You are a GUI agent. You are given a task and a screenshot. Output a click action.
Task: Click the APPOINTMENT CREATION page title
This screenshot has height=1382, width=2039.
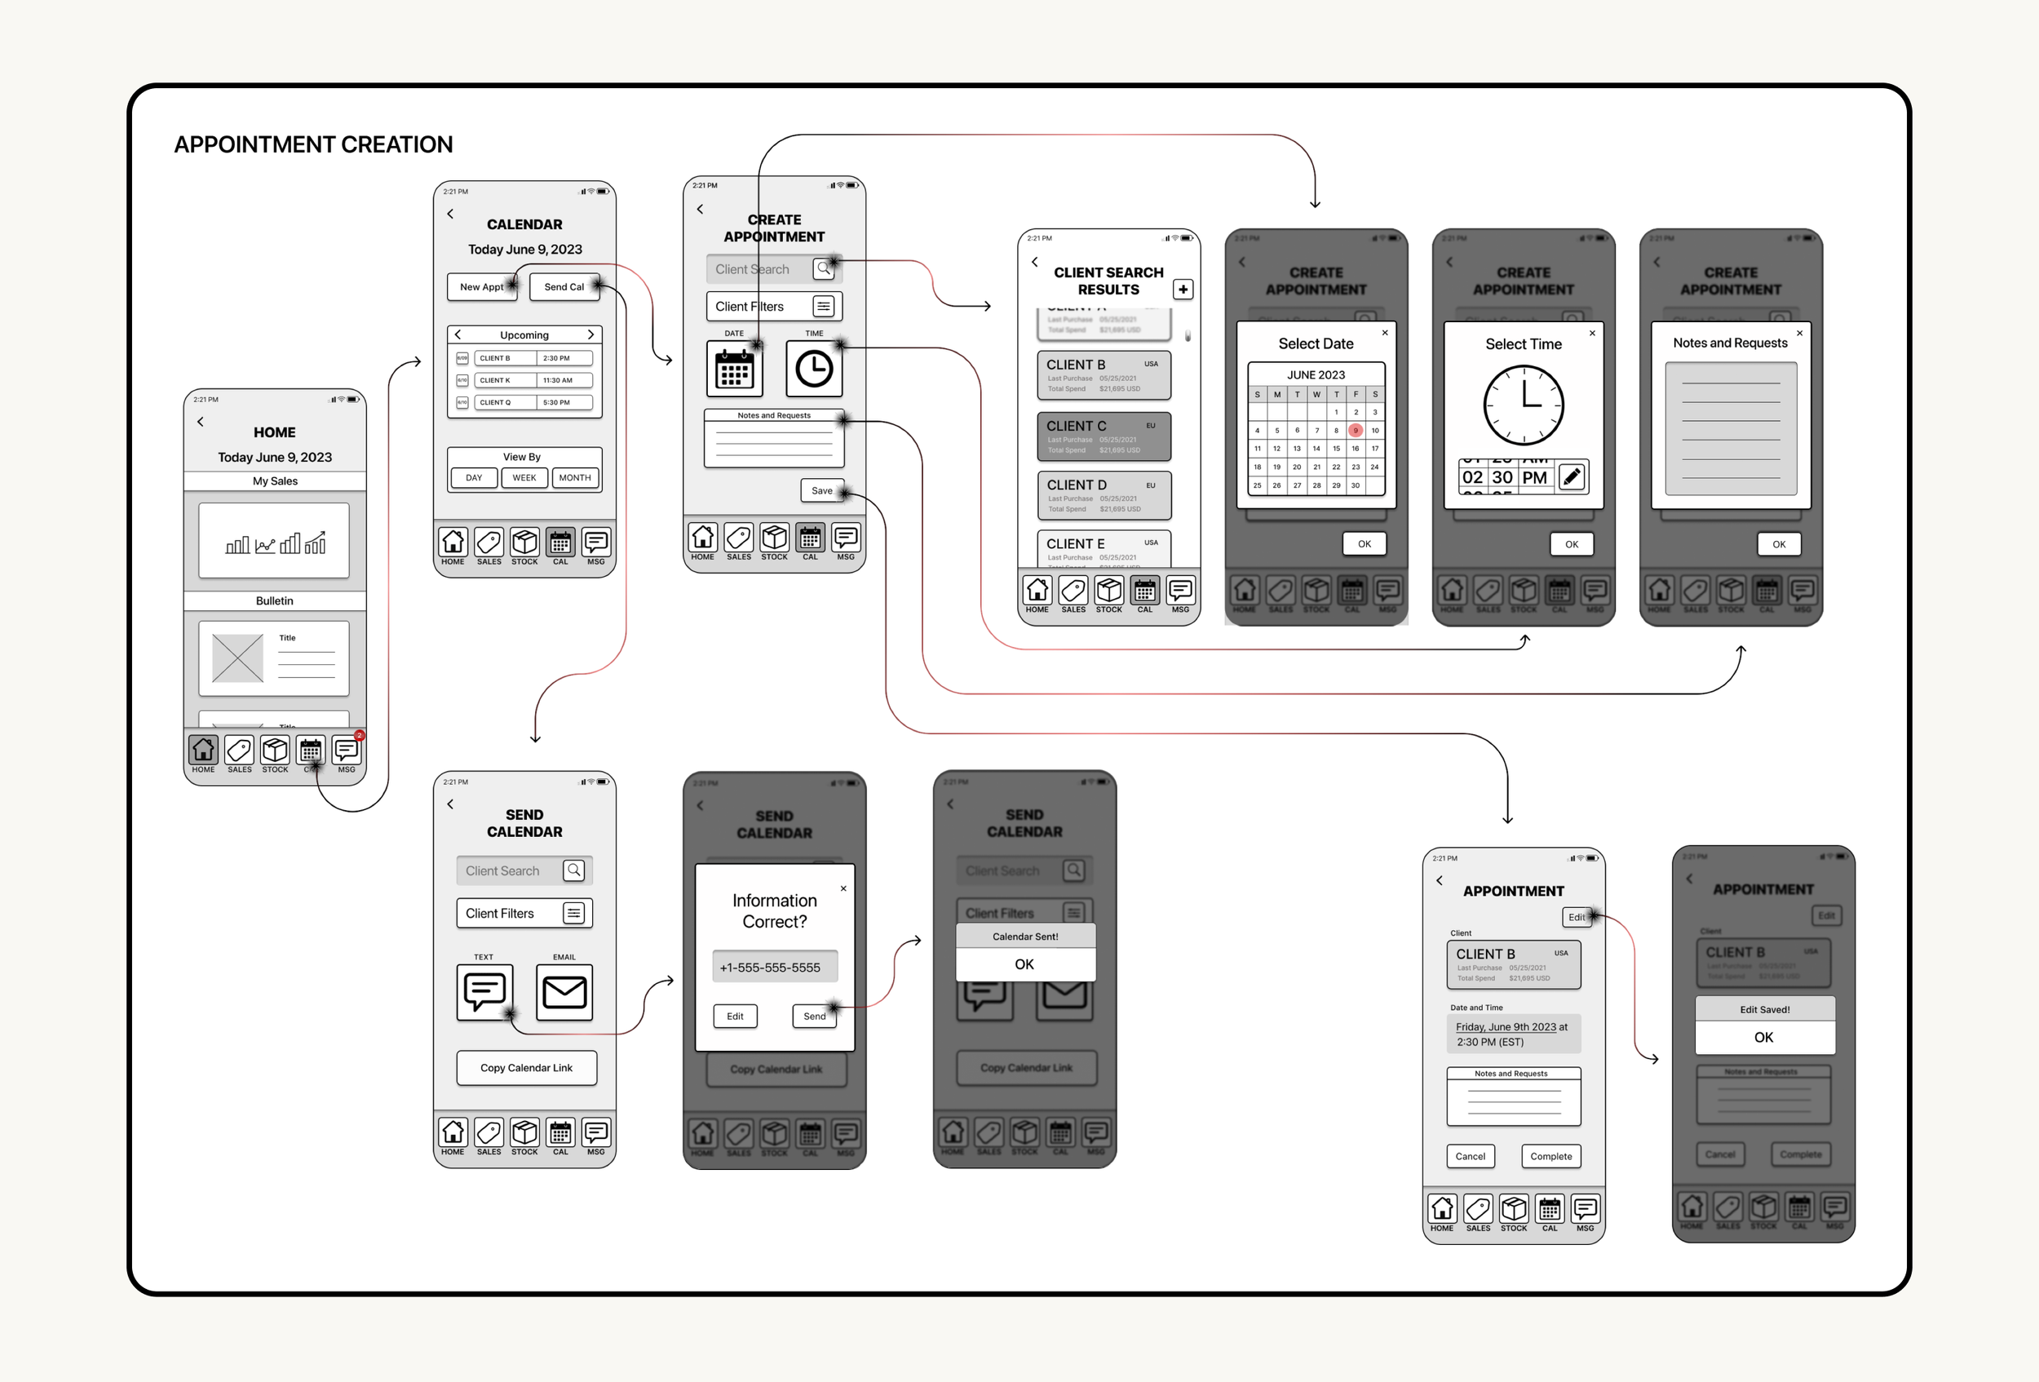313,144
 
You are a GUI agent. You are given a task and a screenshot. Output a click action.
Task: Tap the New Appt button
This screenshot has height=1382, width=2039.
482,287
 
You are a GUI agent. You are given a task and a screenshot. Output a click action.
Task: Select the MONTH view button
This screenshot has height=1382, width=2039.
575,478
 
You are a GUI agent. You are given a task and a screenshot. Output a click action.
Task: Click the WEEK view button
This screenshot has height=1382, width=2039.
524,478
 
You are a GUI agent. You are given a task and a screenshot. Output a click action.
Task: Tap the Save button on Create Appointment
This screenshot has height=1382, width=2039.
822,490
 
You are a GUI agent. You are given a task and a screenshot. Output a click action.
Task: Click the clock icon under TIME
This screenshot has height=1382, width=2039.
814,370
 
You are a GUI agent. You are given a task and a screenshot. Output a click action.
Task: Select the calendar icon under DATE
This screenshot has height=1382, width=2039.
734,370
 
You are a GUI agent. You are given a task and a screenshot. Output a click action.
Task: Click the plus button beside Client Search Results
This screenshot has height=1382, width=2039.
1183,290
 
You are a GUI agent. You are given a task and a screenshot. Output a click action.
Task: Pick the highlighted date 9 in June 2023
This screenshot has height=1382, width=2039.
1356,431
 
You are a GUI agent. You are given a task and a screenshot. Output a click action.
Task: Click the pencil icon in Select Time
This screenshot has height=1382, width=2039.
1572,477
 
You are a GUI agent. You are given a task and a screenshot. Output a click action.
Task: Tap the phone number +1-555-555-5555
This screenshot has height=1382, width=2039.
770,968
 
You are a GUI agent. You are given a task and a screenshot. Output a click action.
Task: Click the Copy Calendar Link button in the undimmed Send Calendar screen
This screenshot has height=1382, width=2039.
526,1068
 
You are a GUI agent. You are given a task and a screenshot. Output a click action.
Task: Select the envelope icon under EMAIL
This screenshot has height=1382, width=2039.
564,992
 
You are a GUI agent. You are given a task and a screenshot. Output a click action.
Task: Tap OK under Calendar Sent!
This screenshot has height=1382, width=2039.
1024,964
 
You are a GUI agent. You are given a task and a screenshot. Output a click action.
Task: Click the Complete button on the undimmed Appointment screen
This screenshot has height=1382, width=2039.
1550,1157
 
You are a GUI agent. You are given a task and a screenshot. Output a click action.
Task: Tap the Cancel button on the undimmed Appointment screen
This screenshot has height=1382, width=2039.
1471,1157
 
